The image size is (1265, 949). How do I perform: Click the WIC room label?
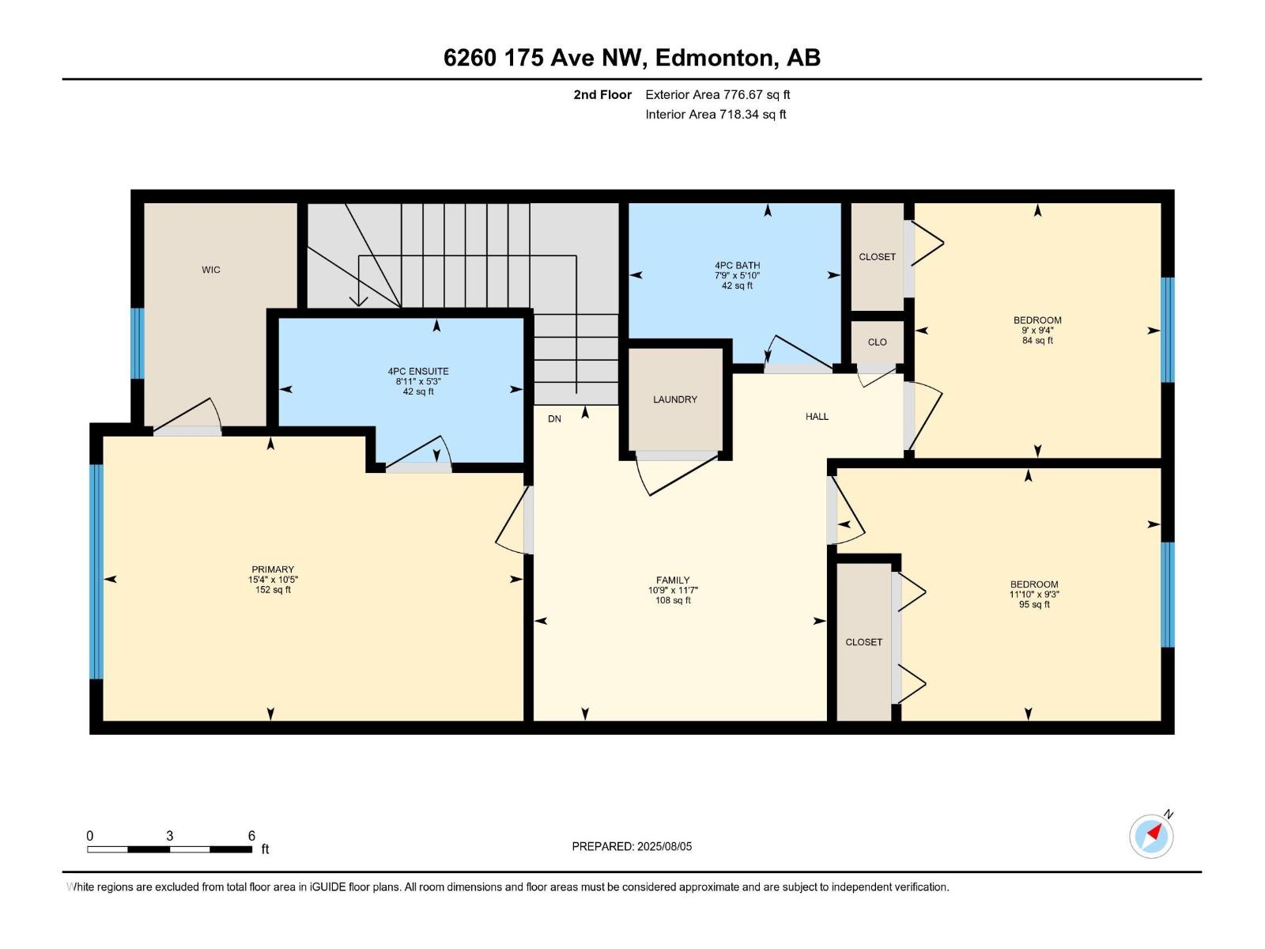pyautogui.click(x=210, y=270)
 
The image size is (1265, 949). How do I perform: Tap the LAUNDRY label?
pyautogui.click(x=675, y=399)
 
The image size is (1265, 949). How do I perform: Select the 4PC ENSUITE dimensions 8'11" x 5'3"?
pyautogui.click(x=418, y=381)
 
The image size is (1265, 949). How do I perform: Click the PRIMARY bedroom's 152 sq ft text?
pyautogui.click(x=273, y=590)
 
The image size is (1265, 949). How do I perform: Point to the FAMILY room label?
pyautogui.click(x=673, y=580)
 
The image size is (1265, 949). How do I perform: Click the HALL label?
pyautogui.click(x=817, y=416)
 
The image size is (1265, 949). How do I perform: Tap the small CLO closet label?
pyautogui.click(x=877, y=342)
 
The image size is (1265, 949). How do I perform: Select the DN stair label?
pyautogui.click(x=554, y=418)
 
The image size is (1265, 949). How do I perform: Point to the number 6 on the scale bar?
pyautogui.click(x=251, y=835)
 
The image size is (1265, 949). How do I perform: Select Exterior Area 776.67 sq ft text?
pyautogui.click(x=717, y=94)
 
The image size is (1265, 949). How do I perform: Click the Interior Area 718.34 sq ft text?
pyautogui.click(x=716, y=114)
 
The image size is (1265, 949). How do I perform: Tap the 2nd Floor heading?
pyautogui.click(x=602, y=94)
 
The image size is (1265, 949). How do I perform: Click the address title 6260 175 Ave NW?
pyautogui.click(x=546, y=57)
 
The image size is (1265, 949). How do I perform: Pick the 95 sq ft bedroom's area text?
pyautogui.click(x=1034, y=604)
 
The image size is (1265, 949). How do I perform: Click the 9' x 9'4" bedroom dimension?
pyautogui.click(x=1037, y=331)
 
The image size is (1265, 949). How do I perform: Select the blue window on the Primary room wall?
pyautogui.click(x=96, y=571)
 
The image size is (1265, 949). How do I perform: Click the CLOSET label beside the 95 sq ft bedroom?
pyautogui.click(x=863, y=642)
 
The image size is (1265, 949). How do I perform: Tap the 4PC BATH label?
pyautogui.click(x=737, y=266)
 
